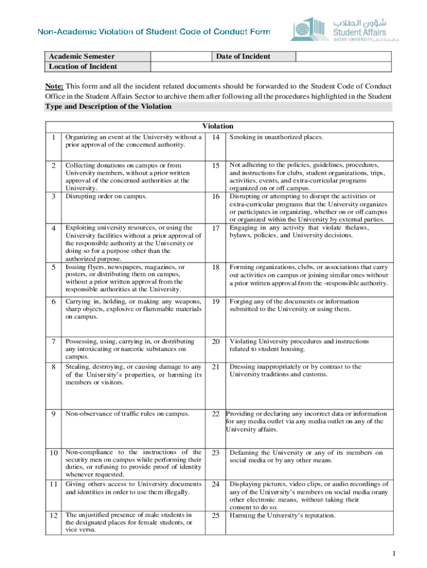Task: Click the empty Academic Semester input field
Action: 182,56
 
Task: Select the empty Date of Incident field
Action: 344,56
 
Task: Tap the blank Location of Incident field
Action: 271,67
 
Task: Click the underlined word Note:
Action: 54,87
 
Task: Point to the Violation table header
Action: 218,126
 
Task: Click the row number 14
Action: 216,137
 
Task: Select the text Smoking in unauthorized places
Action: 276,137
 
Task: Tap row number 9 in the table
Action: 53,414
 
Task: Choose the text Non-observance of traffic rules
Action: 127,414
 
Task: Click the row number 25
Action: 216,515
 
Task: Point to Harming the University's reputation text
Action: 282,515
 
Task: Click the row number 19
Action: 216,302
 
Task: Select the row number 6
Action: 53,302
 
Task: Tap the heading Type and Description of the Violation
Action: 108,106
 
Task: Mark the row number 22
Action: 216,414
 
